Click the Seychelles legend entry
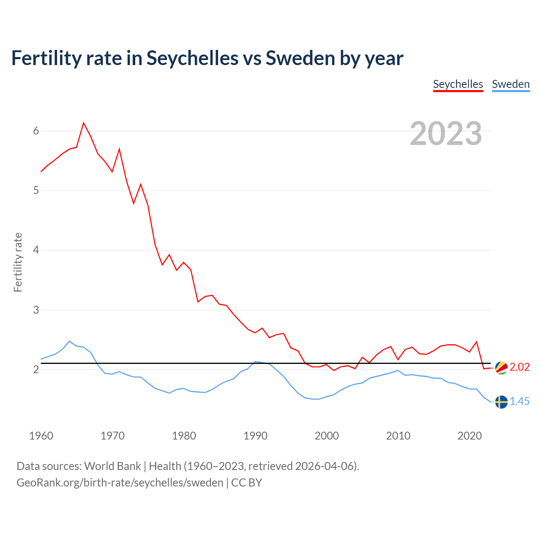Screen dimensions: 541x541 click(x=458, y=84)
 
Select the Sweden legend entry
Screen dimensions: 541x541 click(x=511, y=84)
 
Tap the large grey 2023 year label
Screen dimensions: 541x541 click(x=446, y=134)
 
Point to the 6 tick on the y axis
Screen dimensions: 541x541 click(x=36, y=131)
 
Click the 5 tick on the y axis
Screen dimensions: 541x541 click(x=36, y=191)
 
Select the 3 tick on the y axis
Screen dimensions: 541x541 click(x=36, y=310)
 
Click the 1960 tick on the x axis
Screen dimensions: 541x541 click(x=41, y=436)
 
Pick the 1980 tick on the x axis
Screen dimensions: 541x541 click(x=184, y=436)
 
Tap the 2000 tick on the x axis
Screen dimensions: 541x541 click(x=327, y=436)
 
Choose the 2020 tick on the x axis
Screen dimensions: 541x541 click(x=470, y=436)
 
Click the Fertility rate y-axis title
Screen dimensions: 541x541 click(x=18, y=262)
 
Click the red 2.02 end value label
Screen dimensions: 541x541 click(x=519, y=367)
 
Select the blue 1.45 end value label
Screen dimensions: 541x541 click(x=519, y=402)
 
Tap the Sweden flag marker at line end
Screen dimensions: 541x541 click(x=501, y=402)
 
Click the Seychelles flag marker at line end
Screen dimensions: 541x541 click(x=501, y=368)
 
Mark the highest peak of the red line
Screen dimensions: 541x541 click(x=84, y=123)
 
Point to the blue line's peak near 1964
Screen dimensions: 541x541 click(x=69, y=341)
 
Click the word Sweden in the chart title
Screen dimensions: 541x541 click(x=300, y=58)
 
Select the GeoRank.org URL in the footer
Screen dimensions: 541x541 click(x=120, y=483)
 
